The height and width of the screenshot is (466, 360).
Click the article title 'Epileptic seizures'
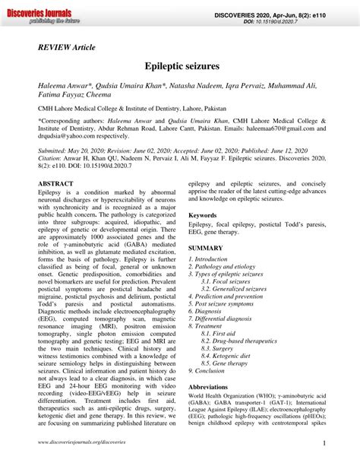[x=180, y=67]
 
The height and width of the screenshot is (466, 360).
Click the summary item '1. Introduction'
[x=210, y=259]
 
